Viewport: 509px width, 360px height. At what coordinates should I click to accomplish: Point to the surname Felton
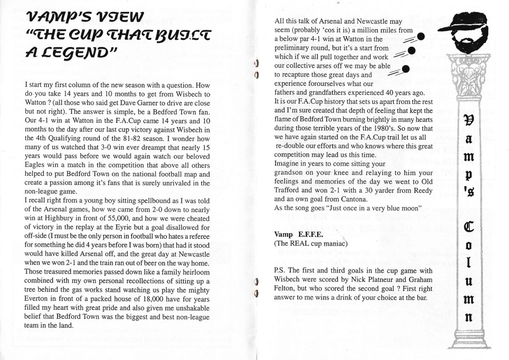[x=286, y=289]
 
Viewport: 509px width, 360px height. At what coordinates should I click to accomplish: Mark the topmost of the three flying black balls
[x=420, y=36]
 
